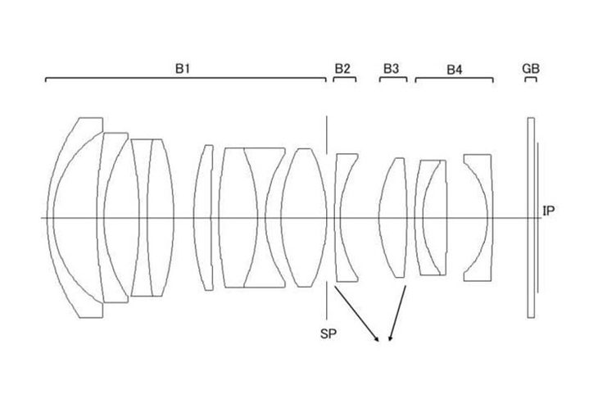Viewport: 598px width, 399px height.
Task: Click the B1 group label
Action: [183, 69]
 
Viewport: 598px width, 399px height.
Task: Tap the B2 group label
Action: [342, 69]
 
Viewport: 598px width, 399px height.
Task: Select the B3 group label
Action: [391, 69]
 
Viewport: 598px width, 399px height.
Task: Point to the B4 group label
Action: [454, 70]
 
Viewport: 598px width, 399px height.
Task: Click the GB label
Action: [531, 69]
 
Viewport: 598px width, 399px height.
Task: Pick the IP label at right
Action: [548, 211]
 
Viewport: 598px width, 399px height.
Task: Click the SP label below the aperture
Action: [328, 333]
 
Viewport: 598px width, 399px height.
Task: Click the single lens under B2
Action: [338, 217]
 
